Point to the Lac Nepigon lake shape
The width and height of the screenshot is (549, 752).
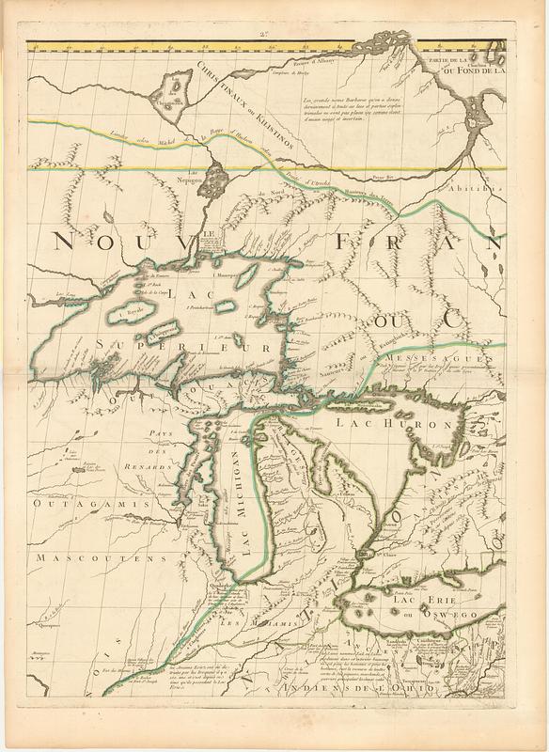[217, 175]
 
